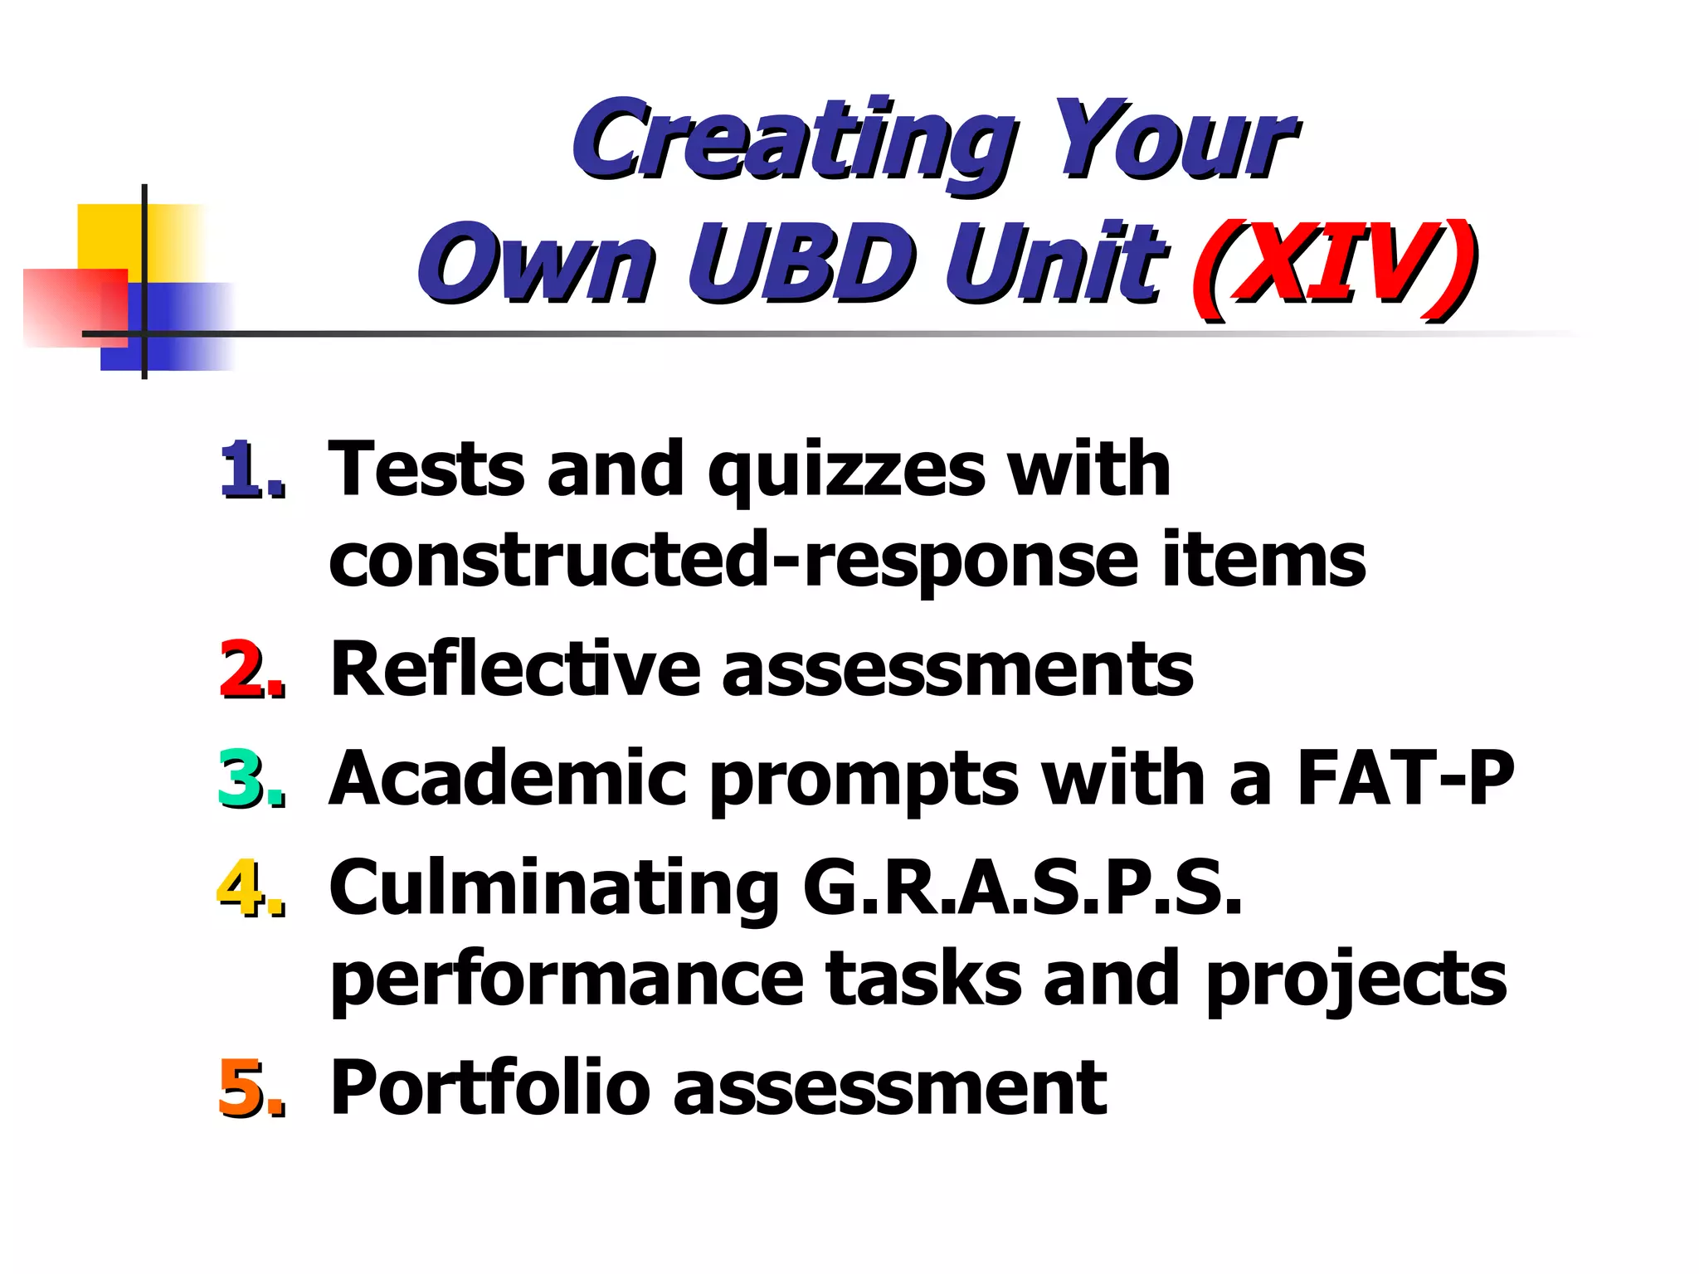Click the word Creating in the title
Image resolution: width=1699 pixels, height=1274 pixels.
[792, 141]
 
